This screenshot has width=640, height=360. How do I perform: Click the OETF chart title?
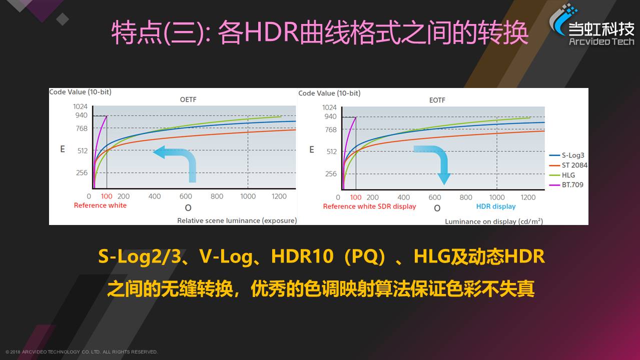click(188, 99)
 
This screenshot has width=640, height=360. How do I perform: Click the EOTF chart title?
click(437, 100)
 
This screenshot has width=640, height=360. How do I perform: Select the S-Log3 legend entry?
click(566, 155)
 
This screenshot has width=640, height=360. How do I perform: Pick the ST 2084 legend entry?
click(568, 165)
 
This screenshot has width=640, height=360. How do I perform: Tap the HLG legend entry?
click(562, 175)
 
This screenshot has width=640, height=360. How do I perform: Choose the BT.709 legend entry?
click(566, 184)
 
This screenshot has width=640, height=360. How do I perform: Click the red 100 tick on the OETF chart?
click(107, 196)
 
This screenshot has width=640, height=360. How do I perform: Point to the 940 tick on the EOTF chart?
click(330, 116)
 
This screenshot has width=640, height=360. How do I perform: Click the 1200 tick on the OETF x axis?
click(279, 196)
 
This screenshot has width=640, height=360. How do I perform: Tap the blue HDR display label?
click(496, 206)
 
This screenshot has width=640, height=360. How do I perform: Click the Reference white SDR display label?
click(369, 206)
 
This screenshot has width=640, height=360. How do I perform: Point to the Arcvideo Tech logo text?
click(601, 41)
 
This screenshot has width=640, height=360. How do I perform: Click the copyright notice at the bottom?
click(82, 352)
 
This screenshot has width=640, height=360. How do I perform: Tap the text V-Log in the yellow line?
click(226, 256)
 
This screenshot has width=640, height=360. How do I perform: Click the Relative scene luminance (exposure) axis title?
click(237, 220)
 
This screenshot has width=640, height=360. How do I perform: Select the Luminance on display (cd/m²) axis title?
click(494, 221)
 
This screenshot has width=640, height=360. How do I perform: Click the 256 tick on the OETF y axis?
click(82, 172)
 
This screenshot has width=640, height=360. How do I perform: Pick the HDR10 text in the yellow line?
click(302, 256)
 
